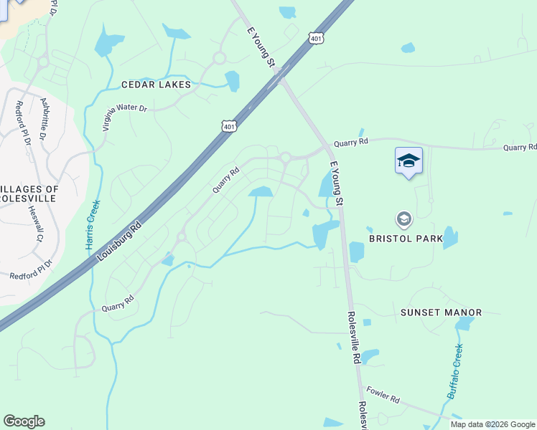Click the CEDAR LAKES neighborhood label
point(156,85)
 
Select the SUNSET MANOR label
point(441,312)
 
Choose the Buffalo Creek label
point(456,371)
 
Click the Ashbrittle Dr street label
point(44,119)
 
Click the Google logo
point(24,421)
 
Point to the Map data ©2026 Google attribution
point(492,424)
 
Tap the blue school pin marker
point(408,161)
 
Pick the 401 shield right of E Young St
point(316,38)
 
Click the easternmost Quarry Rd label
point(520,147)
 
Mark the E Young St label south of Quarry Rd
point(336,184)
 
